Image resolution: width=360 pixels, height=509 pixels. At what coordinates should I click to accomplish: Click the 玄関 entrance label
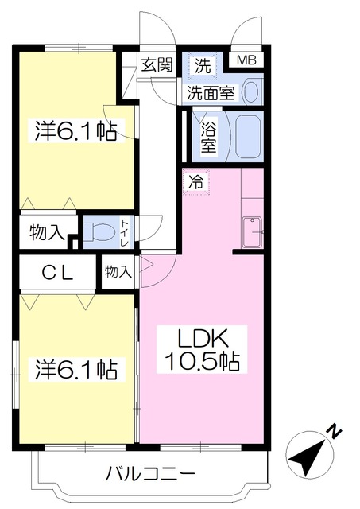coord(157,65)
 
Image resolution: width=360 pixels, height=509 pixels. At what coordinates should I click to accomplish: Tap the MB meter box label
coord(246,60)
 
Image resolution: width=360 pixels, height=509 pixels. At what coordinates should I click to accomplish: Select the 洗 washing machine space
coord(203,66)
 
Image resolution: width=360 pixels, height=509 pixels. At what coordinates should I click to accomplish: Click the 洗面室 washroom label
coord(211,94)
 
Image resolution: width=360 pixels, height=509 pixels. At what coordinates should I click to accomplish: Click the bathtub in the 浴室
coord(249,137)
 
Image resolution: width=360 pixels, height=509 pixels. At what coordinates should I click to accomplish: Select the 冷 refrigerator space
coord(196,182)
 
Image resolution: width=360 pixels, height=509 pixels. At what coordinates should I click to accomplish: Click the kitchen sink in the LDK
coord(253,231)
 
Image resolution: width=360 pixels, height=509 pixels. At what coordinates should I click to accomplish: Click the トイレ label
coord(126,233)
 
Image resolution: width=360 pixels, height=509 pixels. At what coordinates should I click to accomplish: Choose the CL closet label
coord(58,273)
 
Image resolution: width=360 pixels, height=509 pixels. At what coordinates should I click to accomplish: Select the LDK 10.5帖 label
coord(203,349)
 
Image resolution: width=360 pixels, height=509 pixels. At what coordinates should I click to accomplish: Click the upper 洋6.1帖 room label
coord(75,130)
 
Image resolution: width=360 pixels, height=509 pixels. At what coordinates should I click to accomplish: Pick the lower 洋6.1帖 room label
coord(76,369)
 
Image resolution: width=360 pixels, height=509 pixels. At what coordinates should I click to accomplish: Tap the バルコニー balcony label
coord(151,474)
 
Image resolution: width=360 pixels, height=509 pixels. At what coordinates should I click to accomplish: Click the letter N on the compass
coord(335,432)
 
